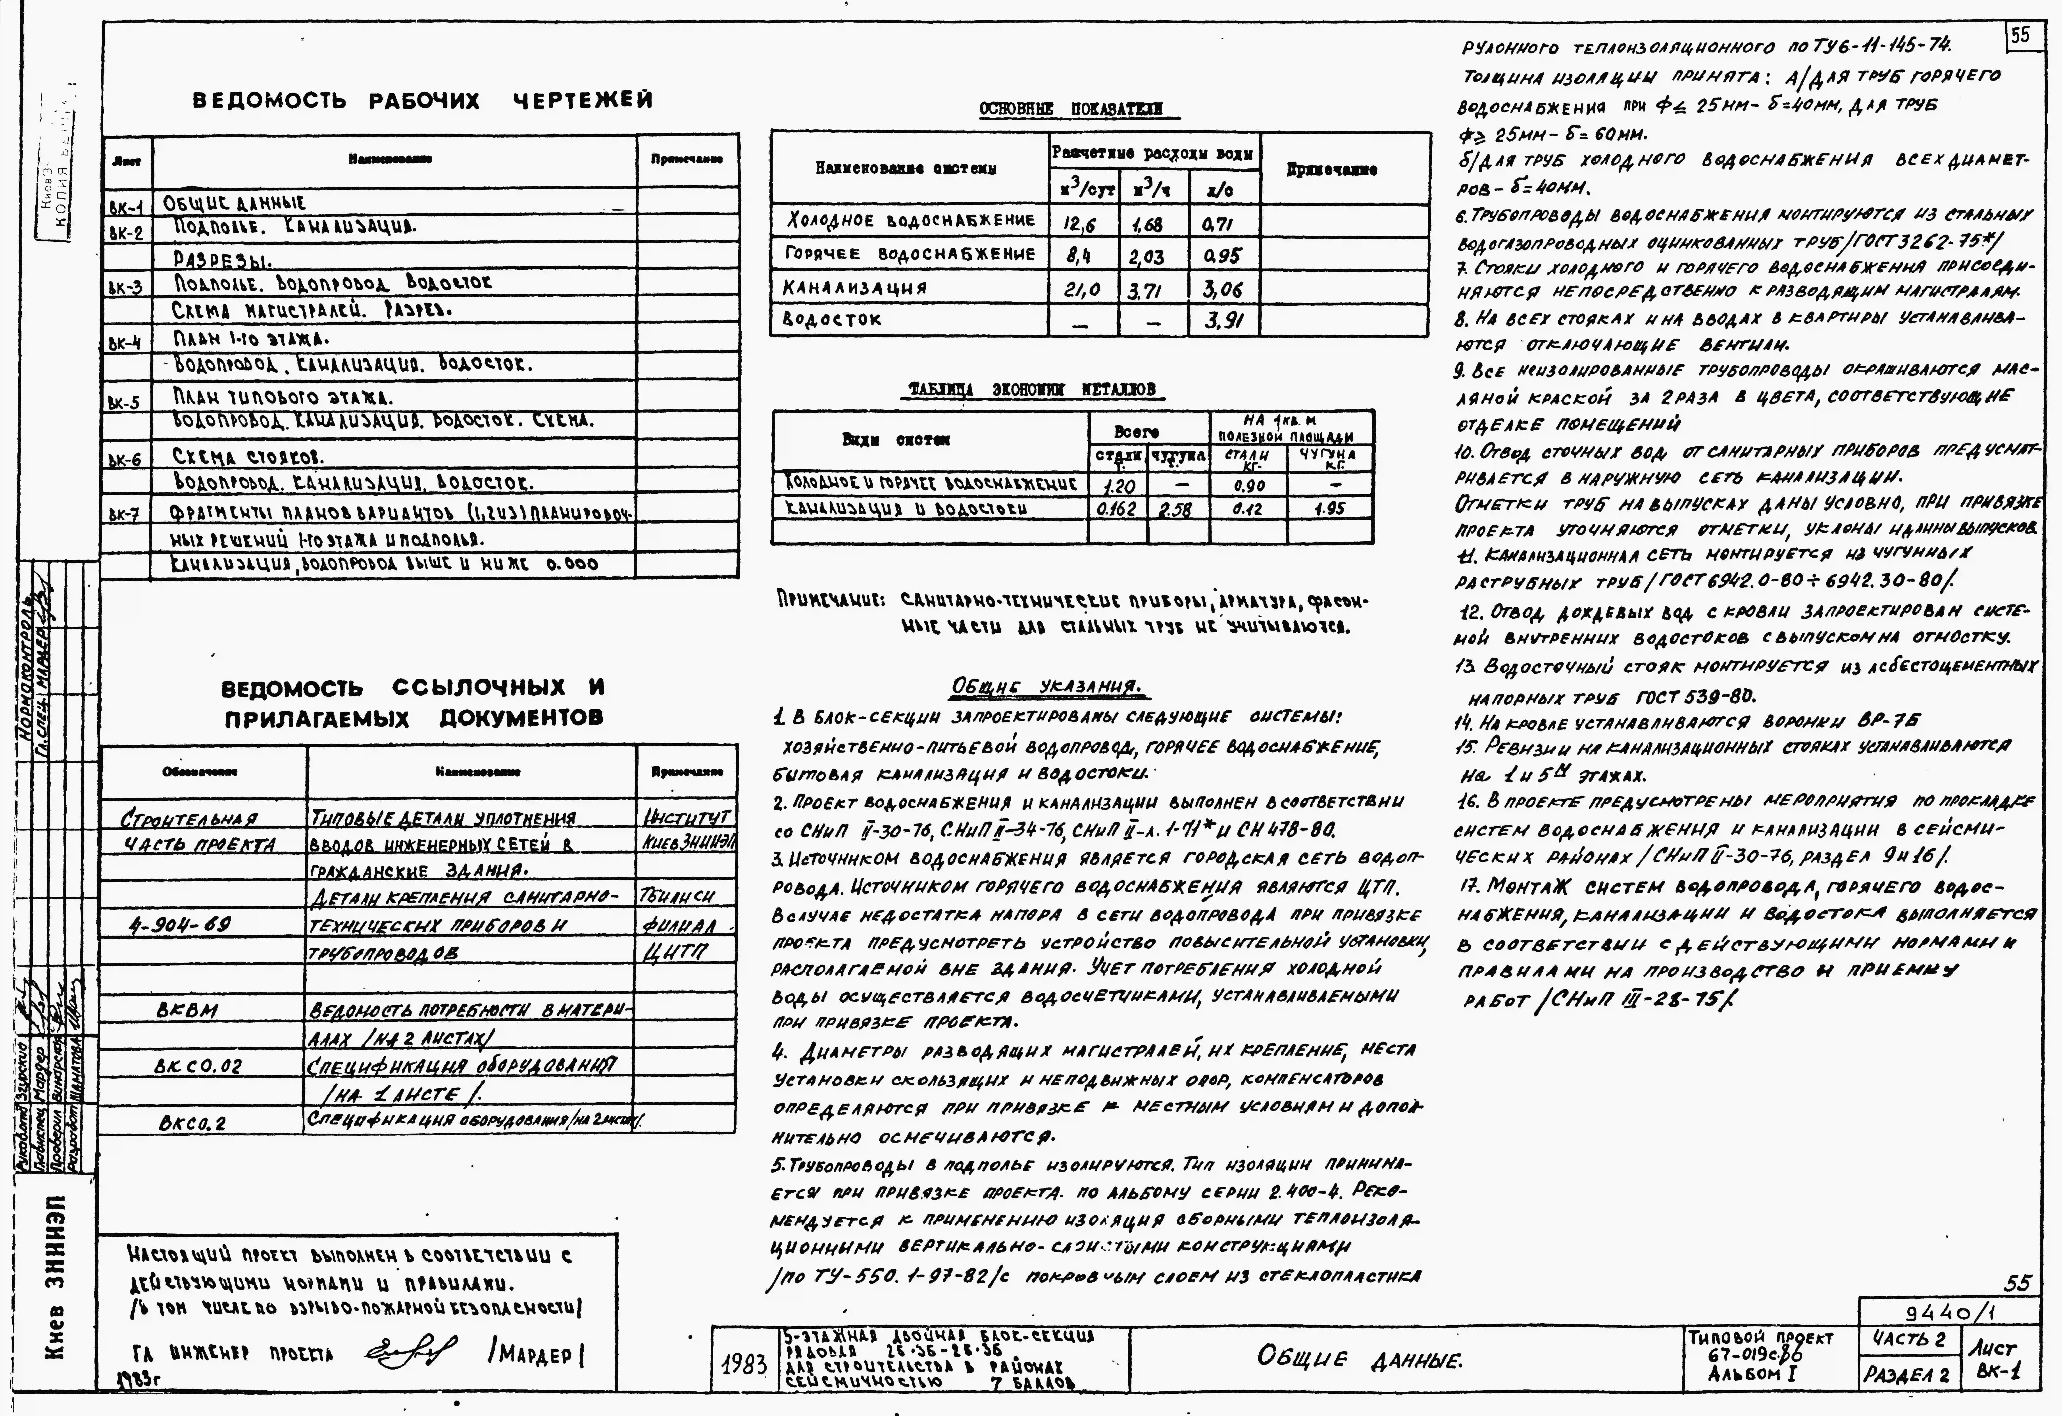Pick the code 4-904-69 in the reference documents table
[x=180, y=925]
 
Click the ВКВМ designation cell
[x=187, y=1010]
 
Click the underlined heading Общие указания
[x=1046, y=687]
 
